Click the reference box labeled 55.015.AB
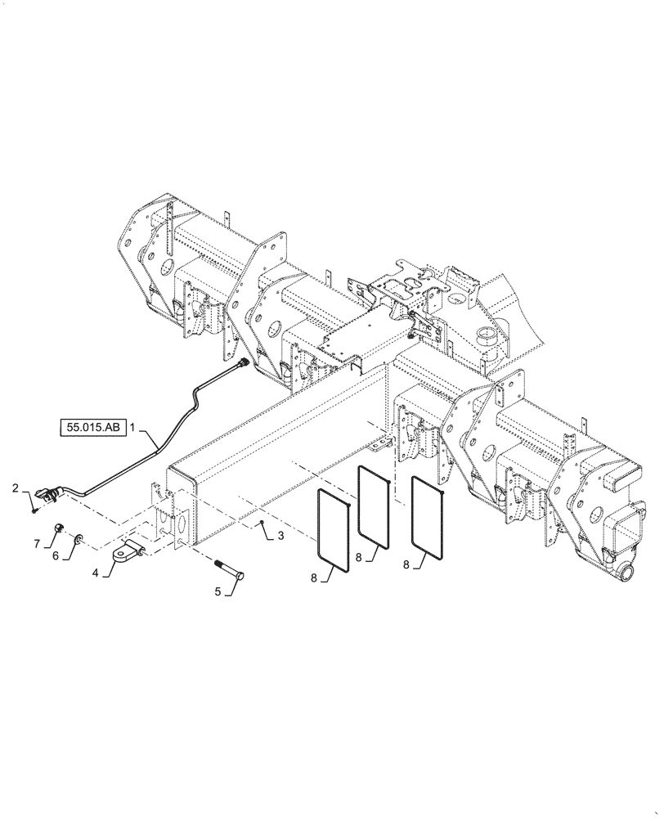tap(92, 427)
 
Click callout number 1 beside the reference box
tap(131, 427)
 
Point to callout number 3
tap(280, 535)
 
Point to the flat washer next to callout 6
tap(78, 538)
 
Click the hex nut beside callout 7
tap(61, 528)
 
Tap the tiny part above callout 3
tap(259, 522)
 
